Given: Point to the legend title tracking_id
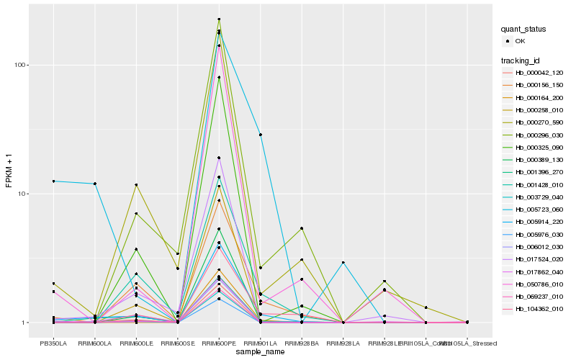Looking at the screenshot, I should (x=521, y=59).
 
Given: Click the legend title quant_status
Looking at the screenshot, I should (x=524, y=29).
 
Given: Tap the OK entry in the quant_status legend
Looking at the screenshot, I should (x=520, y=41).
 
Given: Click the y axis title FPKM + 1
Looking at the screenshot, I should (x=9, y=173).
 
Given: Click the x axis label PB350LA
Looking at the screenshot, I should (x=53, y=343).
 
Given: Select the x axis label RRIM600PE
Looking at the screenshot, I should (x=219, y=343).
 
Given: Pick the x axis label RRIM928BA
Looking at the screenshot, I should (x=302, y=343).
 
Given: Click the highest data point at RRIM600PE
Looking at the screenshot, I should (x=219, y=19).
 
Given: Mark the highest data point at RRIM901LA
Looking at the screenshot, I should (x=261, y=135).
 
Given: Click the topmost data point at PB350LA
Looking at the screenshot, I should (x=53, y=181).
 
